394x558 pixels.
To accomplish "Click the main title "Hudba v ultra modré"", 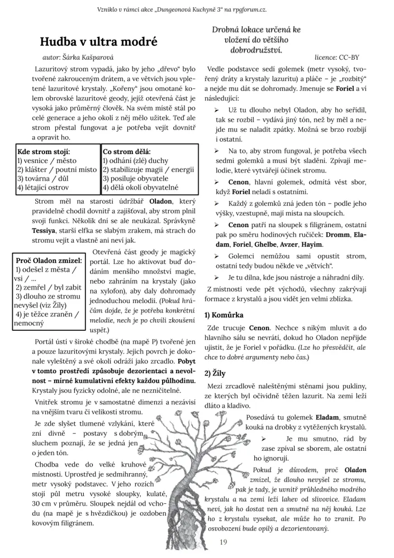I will (99, 42).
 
